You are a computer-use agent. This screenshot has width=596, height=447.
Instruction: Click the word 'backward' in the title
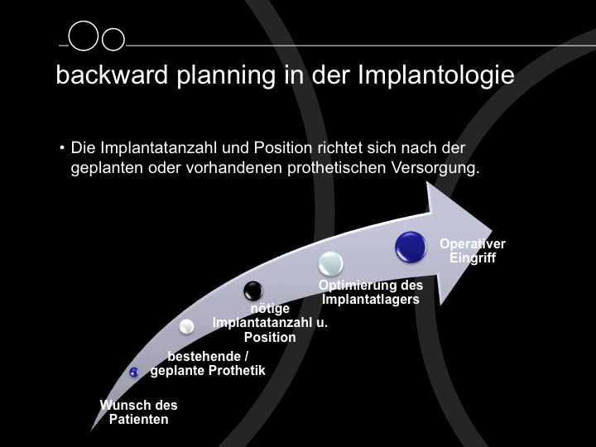112,74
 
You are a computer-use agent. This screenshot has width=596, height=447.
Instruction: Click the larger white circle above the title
84,36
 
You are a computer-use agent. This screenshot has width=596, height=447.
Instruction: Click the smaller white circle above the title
113,39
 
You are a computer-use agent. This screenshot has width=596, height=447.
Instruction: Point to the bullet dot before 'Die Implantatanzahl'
62,147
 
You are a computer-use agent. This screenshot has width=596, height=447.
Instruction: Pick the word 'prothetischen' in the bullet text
336,168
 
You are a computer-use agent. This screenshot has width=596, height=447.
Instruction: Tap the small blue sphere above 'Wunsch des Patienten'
134,372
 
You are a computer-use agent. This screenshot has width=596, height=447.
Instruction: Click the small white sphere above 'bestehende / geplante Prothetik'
186,326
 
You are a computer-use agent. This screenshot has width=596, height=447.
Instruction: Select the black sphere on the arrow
253,291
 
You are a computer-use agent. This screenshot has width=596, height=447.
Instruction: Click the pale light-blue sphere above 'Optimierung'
330,263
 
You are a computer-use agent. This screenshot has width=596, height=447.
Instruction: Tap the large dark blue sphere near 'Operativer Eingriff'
411,247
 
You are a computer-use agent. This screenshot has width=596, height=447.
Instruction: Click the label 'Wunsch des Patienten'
139,412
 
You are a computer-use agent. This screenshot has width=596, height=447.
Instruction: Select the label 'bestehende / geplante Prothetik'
208,363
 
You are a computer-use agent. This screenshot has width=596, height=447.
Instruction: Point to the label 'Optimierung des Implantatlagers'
371,292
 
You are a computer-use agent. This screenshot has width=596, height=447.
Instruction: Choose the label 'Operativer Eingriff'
473,251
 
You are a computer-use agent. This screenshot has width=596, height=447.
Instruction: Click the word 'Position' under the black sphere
270,337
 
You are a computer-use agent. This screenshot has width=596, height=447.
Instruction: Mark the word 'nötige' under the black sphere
270,308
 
